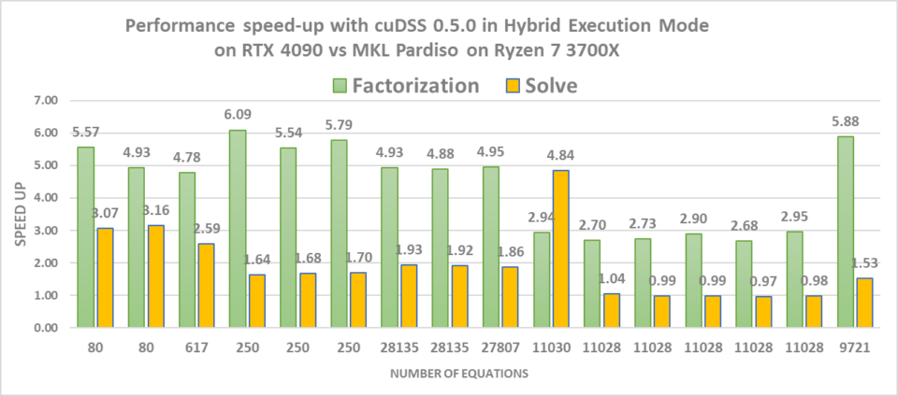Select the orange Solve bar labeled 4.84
(561, 248)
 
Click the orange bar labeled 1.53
(864, 303)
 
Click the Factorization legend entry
(406, 86)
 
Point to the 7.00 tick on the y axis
(46, 100)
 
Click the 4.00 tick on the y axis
(46, 198)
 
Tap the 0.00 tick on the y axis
(46, 328)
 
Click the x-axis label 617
(195, 346)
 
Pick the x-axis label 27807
(500, 346)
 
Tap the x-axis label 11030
(550, 346)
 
